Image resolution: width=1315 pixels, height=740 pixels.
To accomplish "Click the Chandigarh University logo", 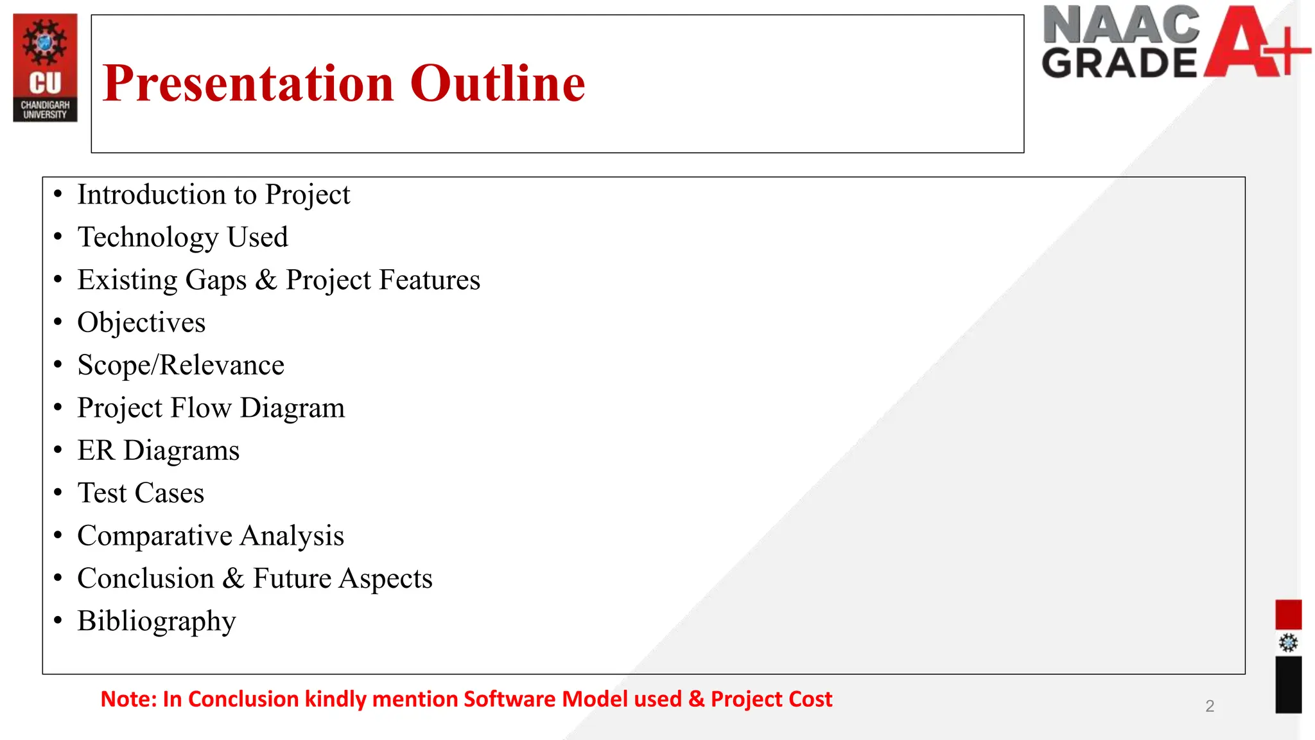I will pos(45,67).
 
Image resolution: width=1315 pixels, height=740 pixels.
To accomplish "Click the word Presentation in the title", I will pos(248,84).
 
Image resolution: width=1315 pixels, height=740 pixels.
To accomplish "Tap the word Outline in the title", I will pos(498,84).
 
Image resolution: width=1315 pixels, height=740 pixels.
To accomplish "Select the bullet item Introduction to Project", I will pos(213,195).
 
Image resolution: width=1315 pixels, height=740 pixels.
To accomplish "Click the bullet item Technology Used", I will pos(182,238).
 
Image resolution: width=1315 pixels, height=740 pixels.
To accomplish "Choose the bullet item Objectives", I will pos(141,323).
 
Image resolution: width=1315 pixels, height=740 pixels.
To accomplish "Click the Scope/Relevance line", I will pos(180,366).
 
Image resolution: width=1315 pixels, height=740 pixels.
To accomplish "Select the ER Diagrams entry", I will pos(158,451).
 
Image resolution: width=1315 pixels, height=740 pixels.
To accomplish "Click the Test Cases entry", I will pos(141,493).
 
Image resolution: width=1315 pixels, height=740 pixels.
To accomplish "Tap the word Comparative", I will pos(154,536).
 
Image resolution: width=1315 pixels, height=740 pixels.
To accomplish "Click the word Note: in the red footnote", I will pos(128,699).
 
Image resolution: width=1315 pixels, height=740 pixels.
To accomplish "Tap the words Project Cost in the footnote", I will pos(771,699).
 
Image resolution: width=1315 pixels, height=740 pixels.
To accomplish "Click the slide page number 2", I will pos(1210,707).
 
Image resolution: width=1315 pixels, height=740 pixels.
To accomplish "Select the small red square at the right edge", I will pos(1288,615).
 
